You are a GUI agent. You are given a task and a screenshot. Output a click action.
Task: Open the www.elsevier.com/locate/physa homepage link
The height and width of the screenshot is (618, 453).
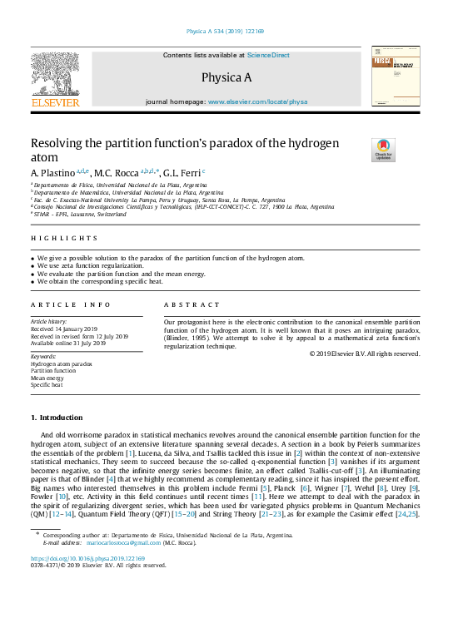(257, 101)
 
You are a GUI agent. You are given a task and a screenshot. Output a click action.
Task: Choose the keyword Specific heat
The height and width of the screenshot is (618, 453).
(49, 385)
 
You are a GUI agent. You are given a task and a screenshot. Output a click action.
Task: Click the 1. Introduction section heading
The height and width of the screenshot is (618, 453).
(57, 417)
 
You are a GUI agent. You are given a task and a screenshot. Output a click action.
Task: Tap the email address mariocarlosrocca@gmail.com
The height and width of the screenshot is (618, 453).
(137, 541)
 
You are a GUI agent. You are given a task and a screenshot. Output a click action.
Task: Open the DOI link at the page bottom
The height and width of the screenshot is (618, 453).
(87, 558)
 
